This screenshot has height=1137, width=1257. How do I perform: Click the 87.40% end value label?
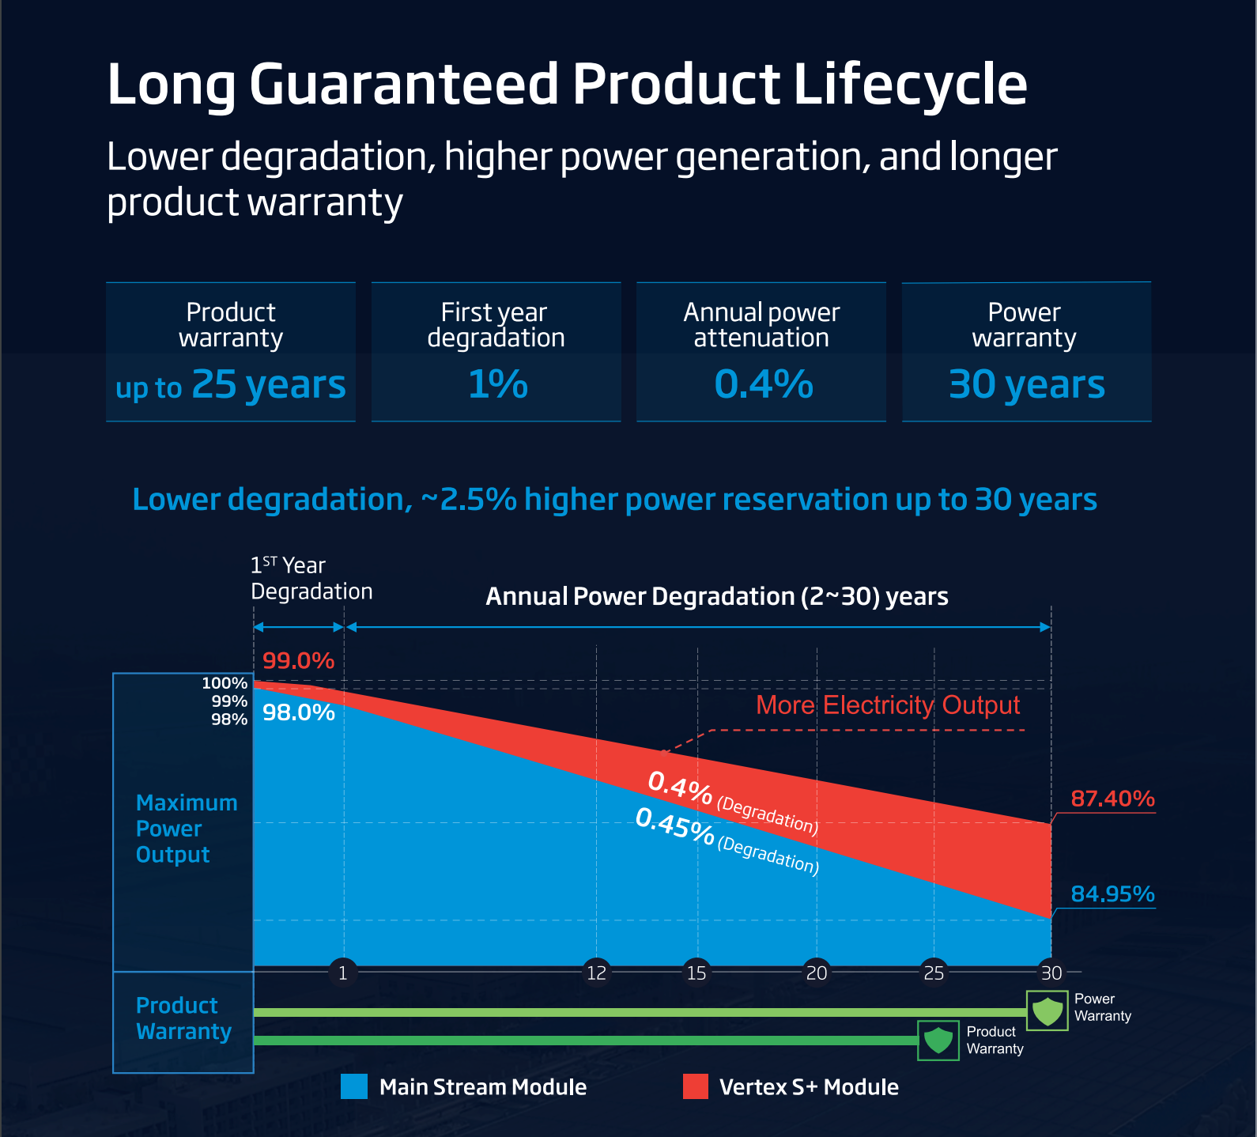1112,799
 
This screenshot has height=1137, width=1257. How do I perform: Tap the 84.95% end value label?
1112,894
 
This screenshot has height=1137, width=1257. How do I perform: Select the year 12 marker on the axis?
596,973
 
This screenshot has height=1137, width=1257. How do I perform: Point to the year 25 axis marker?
934,973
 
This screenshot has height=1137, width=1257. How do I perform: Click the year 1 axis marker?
342,973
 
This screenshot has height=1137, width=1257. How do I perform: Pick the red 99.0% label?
298,661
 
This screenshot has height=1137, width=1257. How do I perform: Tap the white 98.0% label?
298,713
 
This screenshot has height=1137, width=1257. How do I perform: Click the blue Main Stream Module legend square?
354,1086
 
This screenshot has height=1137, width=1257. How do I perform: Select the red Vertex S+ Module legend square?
696,1086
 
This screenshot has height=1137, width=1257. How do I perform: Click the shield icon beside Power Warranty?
1047,1011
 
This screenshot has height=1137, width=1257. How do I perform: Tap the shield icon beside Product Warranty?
938,1040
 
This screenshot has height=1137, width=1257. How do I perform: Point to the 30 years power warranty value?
1026,385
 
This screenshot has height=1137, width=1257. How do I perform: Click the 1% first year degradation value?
497,385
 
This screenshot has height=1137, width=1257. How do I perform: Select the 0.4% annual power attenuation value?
763,385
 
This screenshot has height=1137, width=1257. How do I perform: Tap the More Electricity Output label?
887,705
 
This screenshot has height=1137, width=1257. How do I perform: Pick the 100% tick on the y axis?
225,683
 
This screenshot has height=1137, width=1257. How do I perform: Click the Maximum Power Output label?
186,829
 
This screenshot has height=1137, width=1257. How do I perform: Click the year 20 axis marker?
816,973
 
